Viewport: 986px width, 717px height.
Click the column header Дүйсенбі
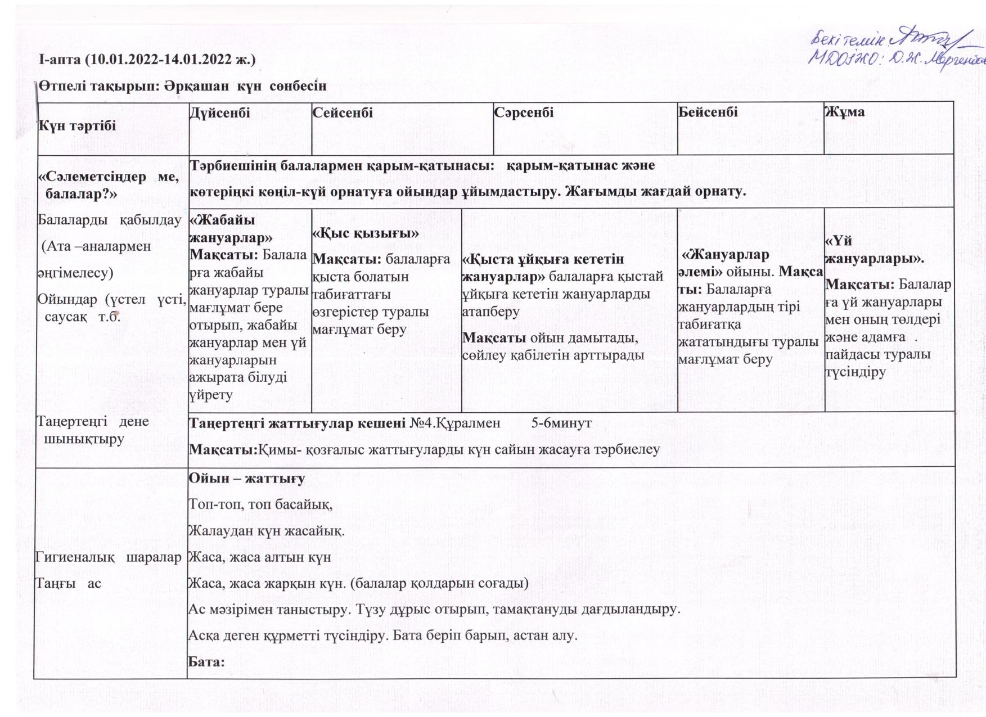pos(220,112)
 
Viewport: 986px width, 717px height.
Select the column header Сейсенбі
pos(343,112)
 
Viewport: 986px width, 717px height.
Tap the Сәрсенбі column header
pos(524,112)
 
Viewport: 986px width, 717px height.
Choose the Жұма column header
pos(844,111)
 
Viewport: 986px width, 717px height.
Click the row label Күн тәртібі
pos(77,125)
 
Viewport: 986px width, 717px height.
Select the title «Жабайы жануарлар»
pos(231,228)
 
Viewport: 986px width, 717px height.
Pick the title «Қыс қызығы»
pos(366,233)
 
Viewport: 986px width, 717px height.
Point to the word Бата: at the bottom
pos(206,661)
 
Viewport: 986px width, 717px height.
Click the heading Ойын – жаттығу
pos(247,478)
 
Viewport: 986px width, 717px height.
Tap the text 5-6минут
pos(561,423)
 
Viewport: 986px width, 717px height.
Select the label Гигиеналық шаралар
pos(108,557)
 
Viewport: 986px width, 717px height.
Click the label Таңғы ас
pos(69,583)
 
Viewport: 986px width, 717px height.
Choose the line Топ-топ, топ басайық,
pos(260,504)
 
